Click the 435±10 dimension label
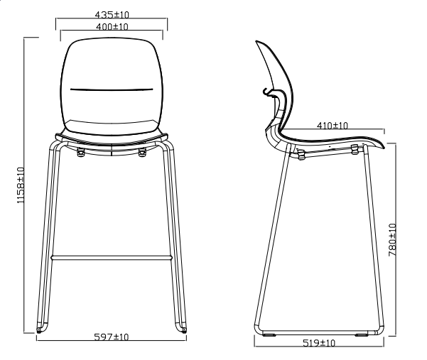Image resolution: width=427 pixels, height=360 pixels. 112,15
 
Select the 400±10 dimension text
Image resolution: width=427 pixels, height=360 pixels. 112,27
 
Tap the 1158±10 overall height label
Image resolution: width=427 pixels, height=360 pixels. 21,185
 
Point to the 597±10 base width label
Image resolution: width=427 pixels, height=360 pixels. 111,337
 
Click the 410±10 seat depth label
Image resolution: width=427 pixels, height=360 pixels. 333,126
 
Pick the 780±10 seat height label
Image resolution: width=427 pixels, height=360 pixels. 392,240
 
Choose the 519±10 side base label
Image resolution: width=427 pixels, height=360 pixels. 318,343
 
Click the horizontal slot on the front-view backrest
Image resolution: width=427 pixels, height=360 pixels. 112,89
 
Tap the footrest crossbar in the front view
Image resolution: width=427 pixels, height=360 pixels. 112,258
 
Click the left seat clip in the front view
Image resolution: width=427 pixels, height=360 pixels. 80,153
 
